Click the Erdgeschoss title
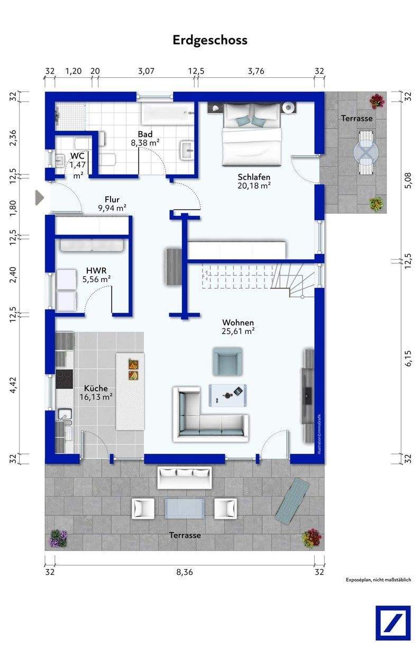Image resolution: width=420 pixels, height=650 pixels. (x=210, y=40)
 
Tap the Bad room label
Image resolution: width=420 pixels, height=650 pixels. (x=145, y=134)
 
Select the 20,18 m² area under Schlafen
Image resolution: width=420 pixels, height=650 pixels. (x=254, y=186)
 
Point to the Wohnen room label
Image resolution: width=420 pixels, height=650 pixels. (x=238, y=323)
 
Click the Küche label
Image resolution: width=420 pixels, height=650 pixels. (x=96, y=388)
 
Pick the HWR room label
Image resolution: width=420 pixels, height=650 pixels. (x=96, y=270)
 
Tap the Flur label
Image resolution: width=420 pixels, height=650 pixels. (x=112, y=199)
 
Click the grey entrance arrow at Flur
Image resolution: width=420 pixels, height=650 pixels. (x=40, y=198)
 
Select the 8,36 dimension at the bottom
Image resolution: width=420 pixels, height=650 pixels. (x=185, y=572)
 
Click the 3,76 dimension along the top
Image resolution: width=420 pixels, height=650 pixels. (x=256, y=71)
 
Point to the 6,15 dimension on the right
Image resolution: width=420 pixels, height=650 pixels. (x=408, y=359)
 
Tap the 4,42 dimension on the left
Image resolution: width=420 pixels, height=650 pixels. (x=13, y=386)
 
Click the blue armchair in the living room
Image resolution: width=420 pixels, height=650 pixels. (x=227, y=362)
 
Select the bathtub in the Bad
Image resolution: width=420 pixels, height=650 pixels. (x=168, y=114)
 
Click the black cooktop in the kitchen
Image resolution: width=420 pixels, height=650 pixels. (x=64, y=379)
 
